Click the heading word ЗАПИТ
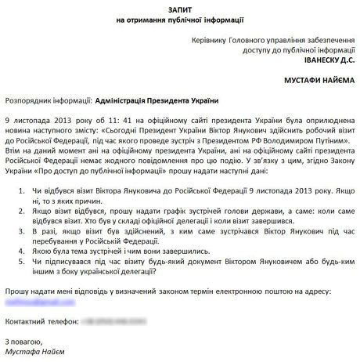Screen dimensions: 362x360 click(179, 6)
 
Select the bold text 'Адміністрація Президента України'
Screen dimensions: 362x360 click(156, 101)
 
